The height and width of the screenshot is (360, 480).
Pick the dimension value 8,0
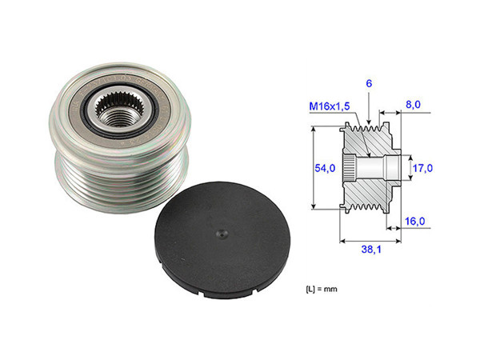(x=413, y=103)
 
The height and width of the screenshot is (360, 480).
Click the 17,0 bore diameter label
(x=422, y=169)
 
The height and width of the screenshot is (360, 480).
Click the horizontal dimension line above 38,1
(x=370, y=238)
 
